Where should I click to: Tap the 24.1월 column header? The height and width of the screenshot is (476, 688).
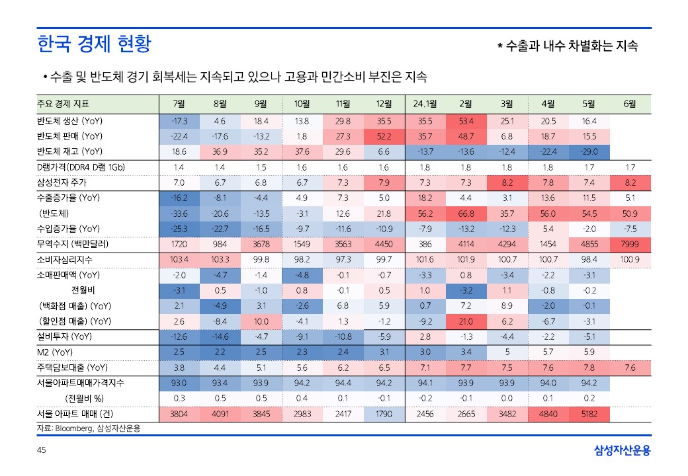(425, 104)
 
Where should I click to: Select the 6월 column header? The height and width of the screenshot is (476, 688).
(630, 104)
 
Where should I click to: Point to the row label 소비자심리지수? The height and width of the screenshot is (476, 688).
(67, 259)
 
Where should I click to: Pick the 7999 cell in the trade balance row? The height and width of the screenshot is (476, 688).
(630, 244)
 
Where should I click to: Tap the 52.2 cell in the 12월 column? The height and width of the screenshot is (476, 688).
(384, 137)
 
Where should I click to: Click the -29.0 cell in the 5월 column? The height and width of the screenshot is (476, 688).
(589, 152)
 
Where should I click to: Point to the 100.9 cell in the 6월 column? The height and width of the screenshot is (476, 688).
(630, 259)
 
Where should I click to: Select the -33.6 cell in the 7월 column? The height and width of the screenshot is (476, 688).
(179, 214)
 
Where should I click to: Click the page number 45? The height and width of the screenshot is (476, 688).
(41, 451)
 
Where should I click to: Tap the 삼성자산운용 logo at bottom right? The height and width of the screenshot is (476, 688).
(622, 451)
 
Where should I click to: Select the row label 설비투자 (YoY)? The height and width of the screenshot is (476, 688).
(64, 337)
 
